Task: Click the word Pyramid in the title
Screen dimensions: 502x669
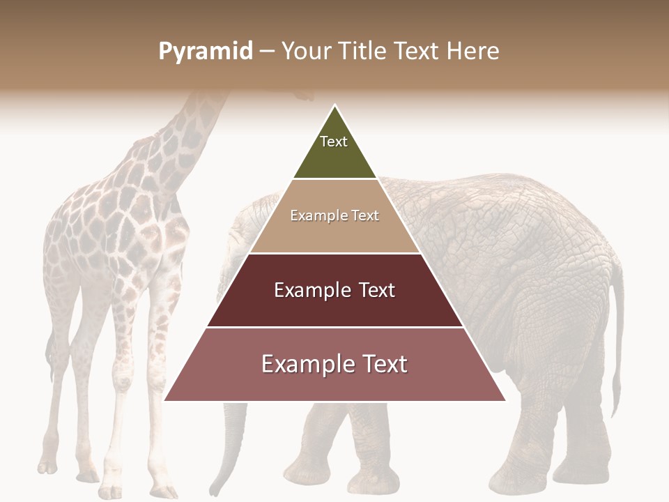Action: pyautogui.click(x=205, y=52)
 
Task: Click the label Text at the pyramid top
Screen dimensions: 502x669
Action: pyautogui.click(x=334, y=142)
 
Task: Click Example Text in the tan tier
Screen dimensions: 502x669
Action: pyautogui.click(x=334, y=215)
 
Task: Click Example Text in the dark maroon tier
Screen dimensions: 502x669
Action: pyautogui.click(x=334, y=290)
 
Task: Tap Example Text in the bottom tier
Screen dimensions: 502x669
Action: pyautogui.click(x=334, y=364)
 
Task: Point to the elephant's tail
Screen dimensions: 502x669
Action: pyautogui.click(x=616, y=335)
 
